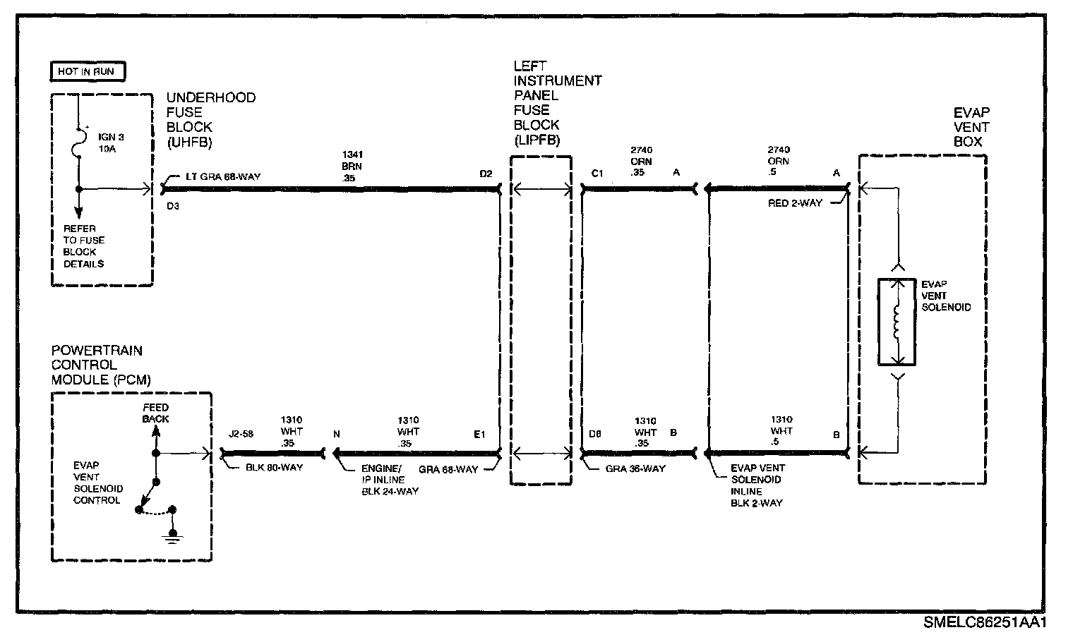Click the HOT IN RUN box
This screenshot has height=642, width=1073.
[x=88, y=71]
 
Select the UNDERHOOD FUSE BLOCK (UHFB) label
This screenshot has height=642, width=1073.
[x=210, y=119]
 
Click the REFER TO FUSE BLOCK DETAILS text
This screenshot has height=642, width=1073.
[x=84, y=246]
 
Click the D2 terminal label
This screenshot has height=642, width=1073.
[x=486, y=174]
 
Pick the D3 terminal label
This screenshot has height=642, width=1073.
[x=173, y=207]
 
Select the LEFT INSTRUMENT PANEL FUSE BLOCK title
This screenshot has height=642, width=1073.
[x=557, y=103]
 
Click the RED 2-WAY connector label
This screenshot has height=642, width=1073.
[x=795, y=204]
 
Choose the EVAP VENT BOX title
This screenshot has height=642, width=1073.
[x=971, y=127]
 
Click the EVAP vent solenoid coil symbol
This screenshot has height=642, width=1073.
[x=897, y=322]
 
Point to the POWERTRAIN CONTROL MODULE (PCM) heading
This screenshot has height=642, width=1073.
[x=102, y=365]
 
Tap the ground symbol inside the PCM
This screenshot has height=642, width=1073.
[x=172, y=538]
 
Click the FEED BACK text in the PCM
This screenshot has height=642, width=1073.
[x=155, y=413]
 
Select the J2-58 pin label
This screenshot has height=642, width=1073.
[x=241, y=435]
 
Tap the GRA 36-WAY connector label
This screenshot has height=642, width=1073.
[x=636, y=468]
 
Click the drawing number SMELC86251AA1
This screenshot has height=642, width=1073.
[x=984, y=623]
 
